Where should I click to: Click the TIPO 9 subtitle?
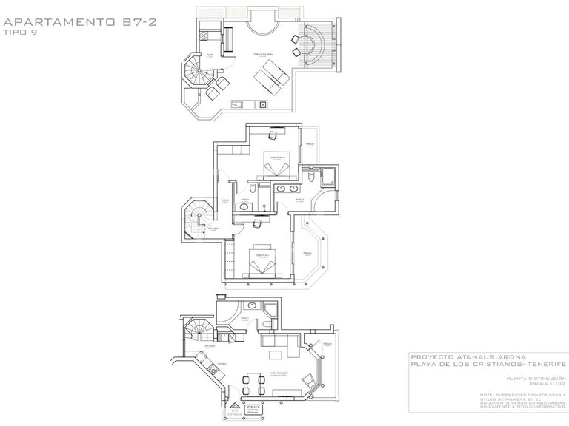click(20, 32)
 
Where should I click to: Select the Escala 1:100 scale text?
click(547, 385)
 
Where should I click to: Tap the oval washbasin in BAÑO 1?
click(251, 305)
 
